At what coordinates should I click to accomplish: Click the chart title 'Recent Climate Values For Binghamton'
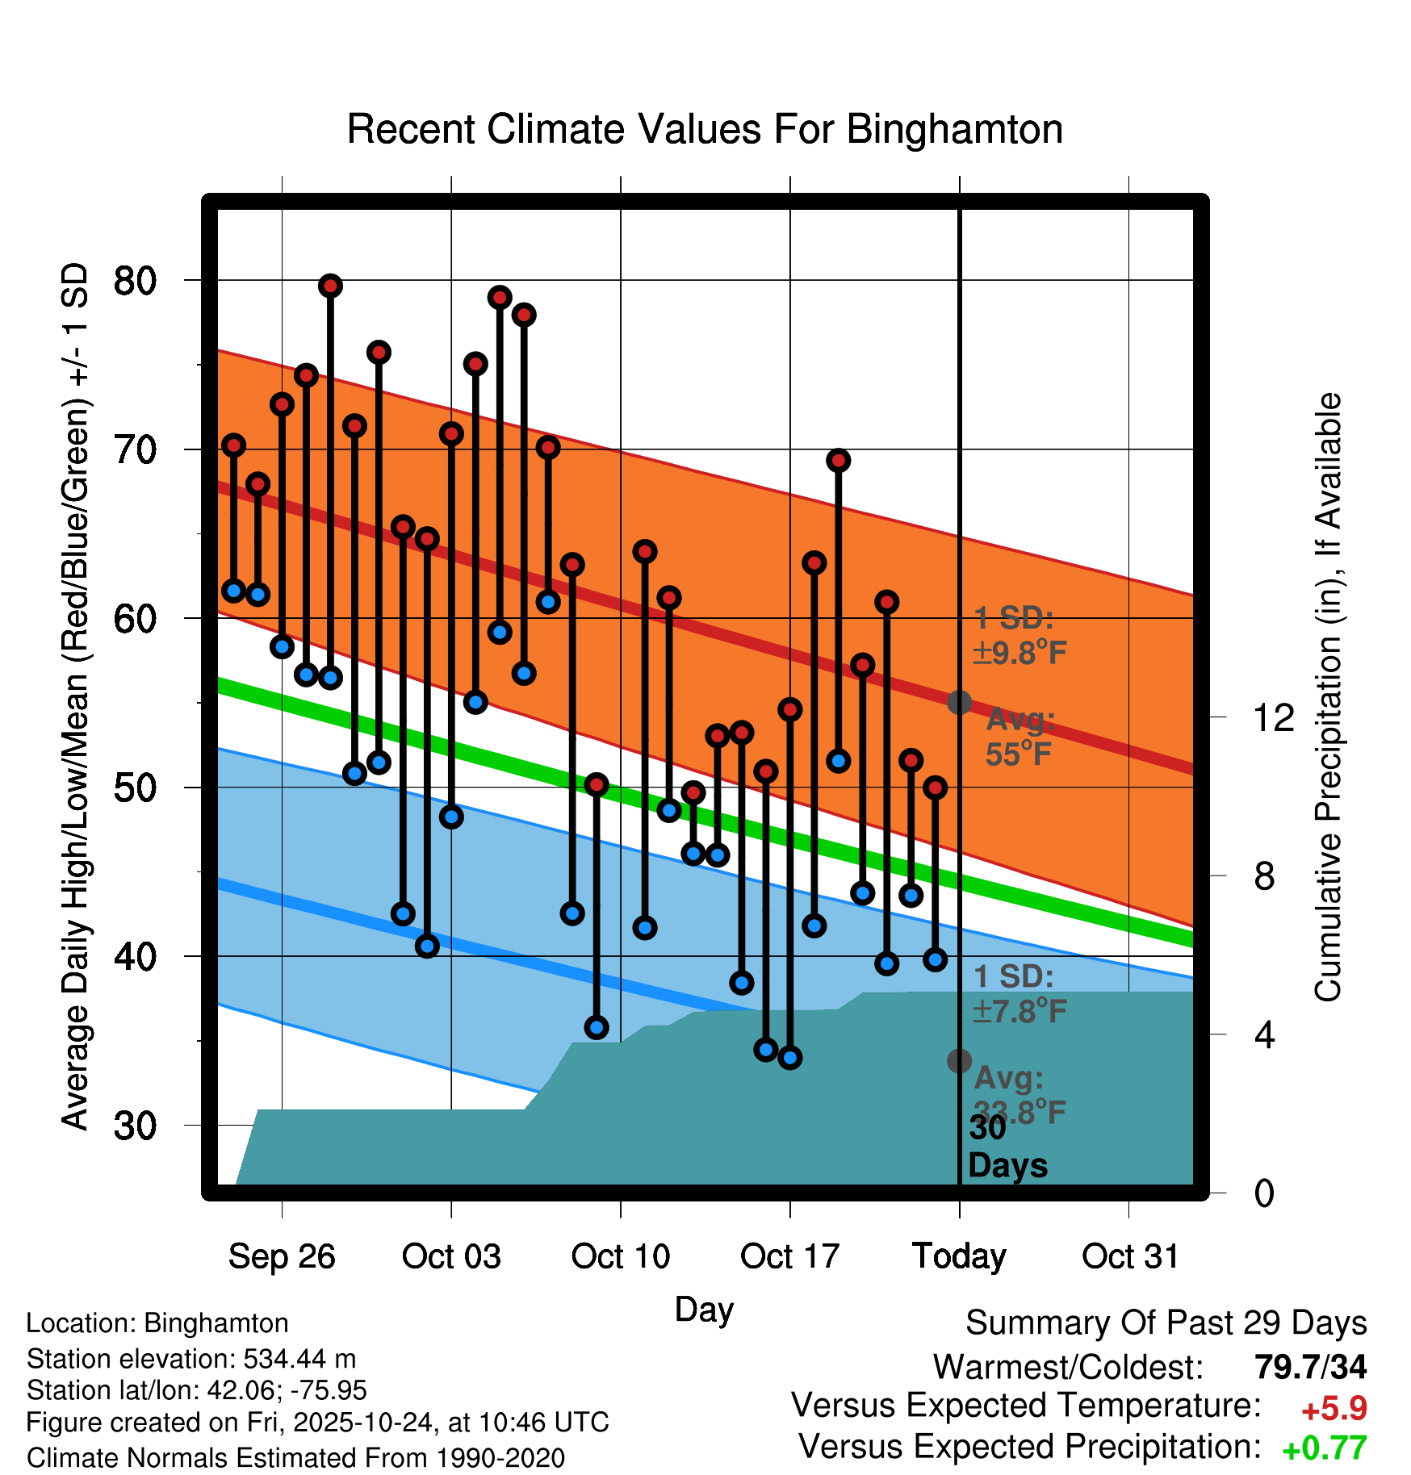(705, 129)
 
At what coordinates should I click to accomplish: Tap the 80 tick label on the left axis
(135, 281)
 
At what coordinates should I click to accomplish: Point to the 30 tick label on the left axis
(135, 1126)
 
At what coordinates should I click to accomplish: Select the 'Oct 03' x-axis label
(451, 1256)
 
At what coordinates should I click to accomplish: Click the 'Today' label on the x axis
(959, 1256)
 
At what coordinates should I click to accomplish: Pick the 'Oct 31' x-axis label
(1130, 1256)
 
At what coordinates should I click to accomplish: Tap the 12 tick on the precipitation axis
(1273, 717)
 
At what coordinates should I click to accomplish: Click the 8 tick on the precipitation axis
(1264, 876)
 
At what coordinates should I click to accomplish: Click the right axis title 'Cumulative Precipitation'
(1328, 698)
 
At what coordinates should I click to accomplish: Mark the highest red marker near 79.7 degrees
(330, 286)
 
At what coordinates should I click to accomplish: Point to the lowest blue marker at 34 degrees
(790, 1057)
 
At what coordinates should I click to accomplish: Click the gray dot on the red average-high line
(959, 702)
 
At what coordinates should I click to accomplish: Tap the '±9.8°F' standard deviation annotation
(1020, 652)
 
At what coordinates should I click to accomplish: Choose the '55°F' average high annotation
(1019, 754)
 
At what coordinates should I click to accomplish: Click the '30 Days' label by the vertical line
(1007, 1147)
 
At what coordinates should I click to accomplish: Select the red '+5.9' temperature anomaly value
(1334, 1408)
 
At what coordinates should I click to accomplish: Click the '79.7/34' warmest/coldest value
(1310, 1367)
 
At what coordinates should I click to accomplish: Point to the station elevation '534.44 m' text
(299, 1359)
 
